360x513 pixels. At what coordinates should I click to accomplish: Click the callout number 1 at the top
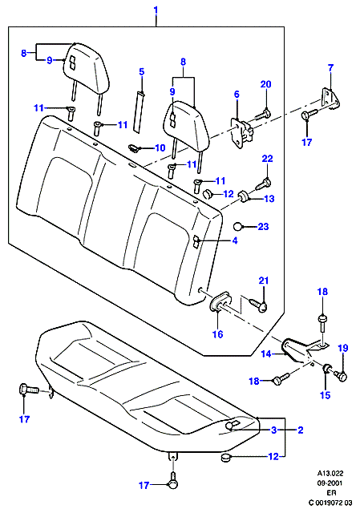point(156,10)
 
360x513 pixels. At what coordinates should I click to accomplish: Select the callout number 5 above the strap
point(142,71)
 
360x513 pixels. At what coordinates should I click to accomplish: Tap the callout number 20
point(265,84)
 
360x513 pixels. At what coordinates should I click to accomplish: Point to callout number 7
point(330,67)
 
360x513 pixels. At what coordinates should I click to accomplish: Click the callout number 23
point(264,226)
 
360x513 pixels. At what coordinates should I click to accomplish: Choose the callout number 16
point(217,334)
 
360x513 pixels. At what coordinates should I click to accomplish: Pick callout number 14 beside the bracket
point(266,354)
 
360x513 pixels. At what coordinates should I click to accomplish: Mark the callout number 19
point(343,348)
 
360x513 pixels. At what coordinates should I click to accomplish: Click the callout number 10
point(160,147)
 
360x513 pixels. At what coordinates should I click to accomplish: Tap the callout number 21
point(264,281)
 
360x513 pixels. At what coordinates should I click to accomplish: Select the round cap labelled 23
point(238,226)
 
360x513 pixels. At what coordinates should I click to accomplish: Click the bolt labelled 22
point(263,184)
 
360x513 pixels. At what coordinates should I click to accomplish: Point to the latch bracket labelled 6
point(242,132)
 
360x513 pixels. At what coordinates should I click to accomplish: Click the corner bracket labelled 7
point(330,98)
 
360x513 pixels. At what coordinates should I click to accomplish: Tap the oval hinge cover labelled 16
point(220,301)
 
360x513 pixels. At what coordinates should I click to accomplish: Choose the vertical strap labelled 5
point(138,112)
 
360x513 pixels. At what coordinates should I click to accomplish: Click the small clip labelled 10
point(134,147)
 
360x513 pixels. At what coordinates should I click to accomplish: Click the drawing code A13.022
point(330,473)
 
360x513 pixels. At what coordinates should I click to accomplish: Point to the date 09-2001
point(330,483)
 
